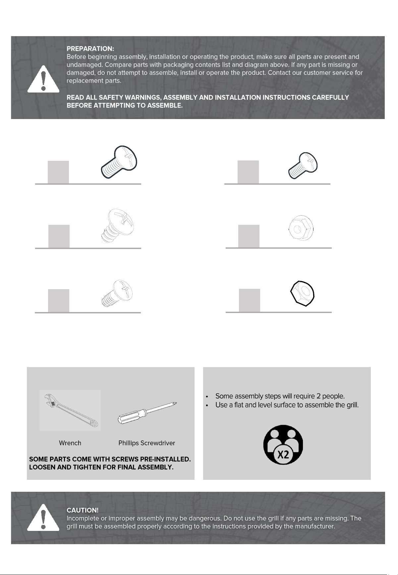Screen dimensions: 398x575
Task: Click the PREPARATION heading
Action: [x=90, y=49]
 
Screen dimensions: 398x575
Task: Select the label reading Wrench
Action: [x=70, y=443]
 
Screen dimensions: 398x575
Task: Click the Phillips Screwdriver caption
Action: [x=147, y=443]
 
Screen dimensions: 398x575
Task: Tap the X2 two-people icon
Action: [x=283, y=445]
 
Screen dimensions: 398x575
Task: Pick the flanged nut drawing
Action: [x=301, y=228]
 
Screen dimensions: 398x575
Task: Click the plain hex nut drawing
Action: [x=302, y=294]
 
